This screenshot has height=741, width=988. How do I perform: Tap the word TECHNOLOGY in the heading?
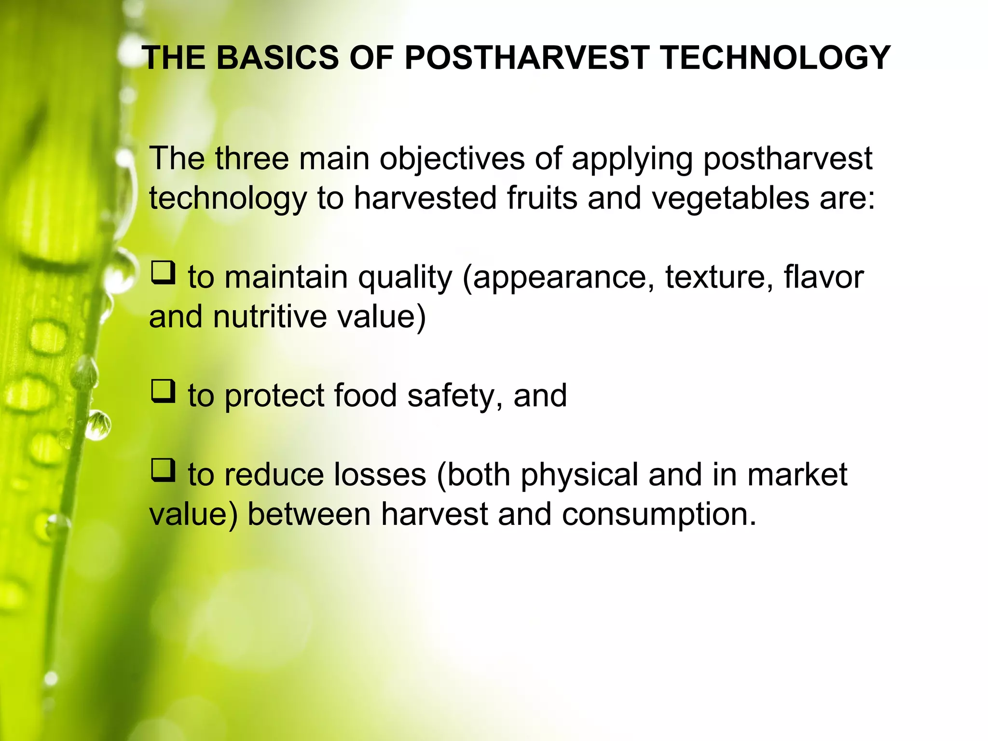775,58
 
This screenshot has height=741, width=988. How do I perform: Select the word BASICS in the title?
277,58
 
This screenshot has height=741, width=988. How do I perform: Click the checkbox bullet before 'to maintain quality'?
163,273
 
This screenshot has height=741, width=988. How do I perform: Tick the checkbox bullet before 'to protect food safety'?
163,391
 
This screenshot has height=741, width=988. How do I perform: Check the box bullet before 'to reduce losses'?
163,470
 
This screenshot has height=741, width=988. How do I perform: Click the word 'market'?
797,475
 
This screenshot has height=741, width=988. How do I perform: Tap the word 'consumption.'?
659,515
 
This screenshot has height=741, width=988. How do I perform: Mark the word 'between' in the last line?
309,515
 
